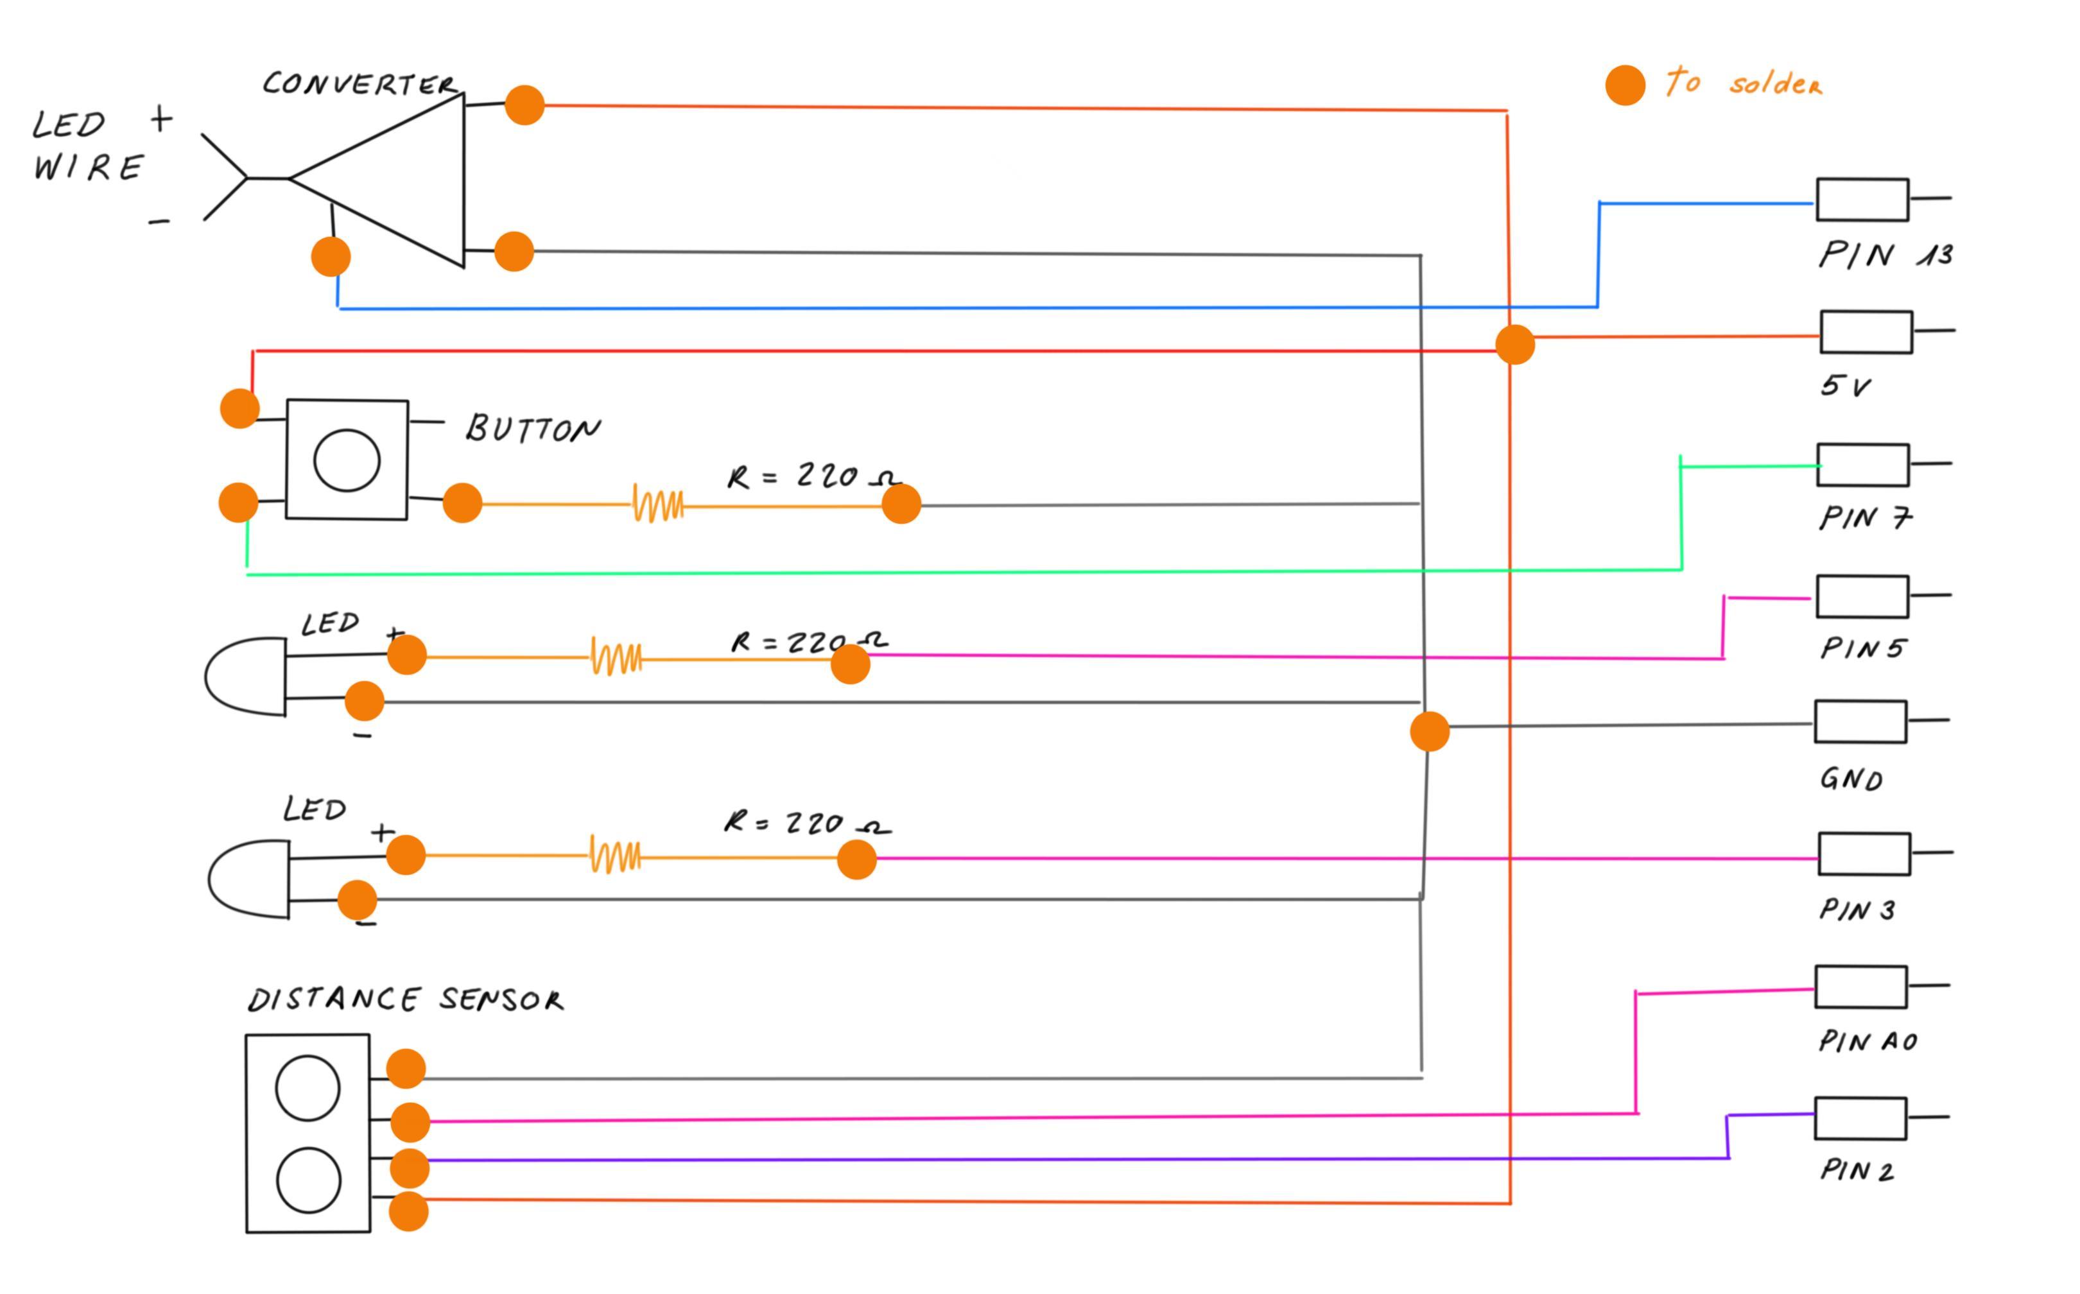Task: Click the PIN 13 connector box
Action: (x=1862, y=200)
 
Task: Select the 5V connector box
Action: (x=1866, y=332)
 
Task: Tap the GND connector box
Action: (x=1860, y=721)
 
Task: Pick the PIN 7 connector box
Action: (x=1862, y=465)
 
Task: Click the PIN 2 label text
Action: (x=1857, y=1170)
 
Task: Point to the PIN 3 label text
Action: (x=1857, y=910)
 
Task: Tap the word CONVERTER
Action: (x=360, y=84)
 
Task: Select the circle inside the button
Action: (x=347, y=460)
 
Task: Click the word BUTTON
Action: (x=532, y=428)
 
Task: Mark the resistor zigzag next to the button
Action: (x=657, y=504)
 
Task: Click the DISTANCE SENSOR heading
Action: (x=406, y=999)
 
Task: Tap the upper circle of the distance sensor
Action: (x=308, y=1088)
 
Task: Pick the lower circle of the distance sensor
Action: (x=308, y=1180)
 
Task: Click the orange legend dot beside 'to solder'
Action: (x=1625, y=85)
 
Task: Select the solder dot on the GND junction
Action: (x=1430, y=732)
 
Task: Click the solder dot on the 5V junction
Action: (x=1515, y=344)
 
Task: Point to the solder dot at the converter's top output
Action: (x=524, y=105)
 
